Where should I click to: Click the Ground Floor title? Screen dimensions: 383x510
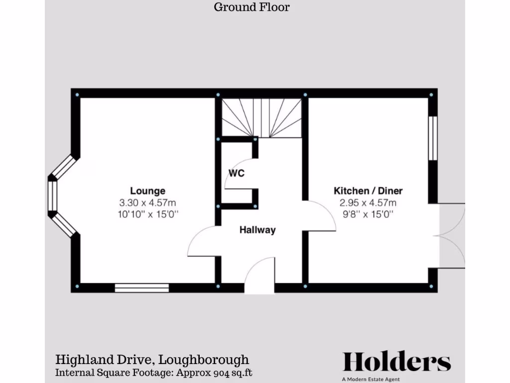(x=252, y=7)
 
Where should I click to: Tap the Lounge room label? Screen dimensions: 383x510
(x=147, y=191)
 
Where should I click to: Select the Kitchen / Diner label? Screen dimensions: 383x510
(x=368, y=191)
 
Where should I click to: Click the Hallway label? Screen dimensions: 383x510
(x=257, y=230)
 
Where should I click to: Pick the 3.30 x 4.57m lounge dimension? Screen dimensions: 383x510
(x=147, y=203)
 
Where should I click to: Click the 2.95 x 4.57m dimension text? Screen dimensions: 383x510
(x=368, y=203)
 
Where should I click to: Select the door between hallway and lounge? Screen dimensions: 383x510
(x=203, y=242)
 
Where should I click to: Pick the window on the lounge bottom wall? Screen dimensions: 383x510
(x=141, y=288)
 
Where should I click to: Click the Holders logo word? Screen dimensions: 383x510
(x=396, y=362)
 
